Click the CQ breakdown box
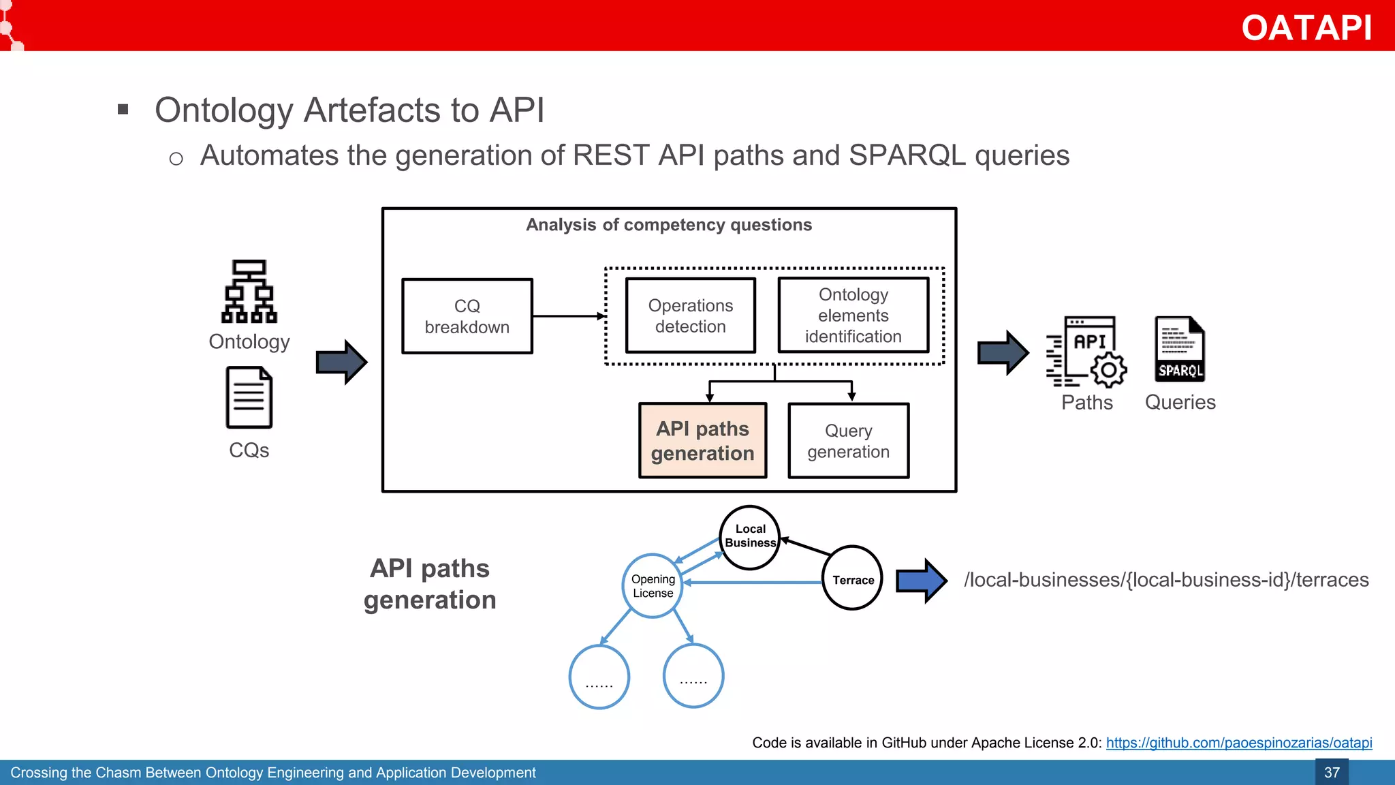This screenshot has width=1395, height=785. [x=467, y=316]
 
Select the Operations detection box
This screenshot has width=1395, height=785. [x=690, y=315]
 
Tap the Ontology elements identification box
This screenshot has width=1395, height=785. [x=853, y=315]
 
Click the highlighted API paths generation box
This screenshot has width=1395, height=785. [x=702, y=441]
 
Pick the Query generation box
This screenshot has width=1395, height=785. [x=848, y=441]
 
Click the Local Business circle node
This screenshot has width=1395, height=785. [x=750, y=537]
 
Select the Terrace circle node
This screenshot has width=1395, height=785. [x=852, y=579]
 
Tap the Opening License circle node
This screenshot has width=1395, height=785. [x=653, y=586]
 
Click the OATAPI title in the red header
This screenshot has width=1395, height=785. [x=1306, y=28]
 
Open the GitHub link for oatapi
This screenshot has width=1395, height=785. [x=1238, y=743]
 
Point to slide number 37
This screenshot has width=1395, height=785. [x=1331, y=773]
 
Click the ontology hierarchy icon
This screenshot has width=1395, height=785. [x=249, y=291]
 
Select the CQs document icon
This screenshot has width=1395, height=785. [x=249, y=397]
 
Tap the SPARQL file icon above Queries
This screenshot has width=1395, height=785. [x=1180, y=349]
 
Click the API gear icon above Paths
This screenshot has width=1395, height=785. [x=1087, y=351]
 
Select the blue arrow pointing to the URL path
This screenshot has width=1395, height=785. [x=921, y=581]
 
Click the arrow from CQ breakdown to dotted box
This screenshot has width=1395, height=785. [x=568, y=316]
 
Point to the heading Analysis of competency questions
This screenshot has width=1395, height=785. [x=669, y=225]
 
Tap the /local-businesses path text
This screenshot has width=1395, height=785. [x=1165, y=580]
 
